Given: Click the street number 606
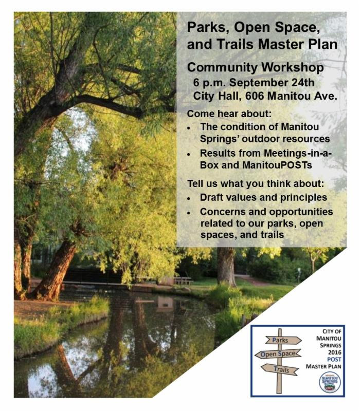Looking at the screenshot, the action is [255, 96].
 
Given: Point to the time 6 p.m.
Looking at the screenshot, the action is [209, 83].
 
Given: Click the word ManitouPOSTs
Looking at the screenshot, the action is [277, 165].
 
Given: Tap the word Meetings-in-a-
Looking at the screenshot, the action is [298, 153].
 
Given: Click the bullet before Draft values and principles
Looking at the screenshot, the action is [189, 199].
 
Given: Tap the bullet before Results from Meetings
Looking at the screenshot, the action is [189, 155].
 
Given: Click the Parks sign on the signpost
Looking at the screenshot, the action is [283, 340].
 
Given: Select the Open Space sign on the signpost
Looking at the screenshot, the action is [278, 354].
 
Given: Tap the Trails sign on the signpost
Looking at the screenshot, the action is [280, 369].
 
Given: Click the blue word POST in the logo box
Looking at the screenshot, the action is [334, 359].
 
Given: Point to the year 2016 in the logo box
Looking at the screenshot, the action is [335, 352].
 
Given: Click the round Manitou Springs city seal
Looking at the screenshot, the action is [330, 382].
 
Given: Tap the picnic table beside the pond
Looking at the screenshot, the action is [183, 281].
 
